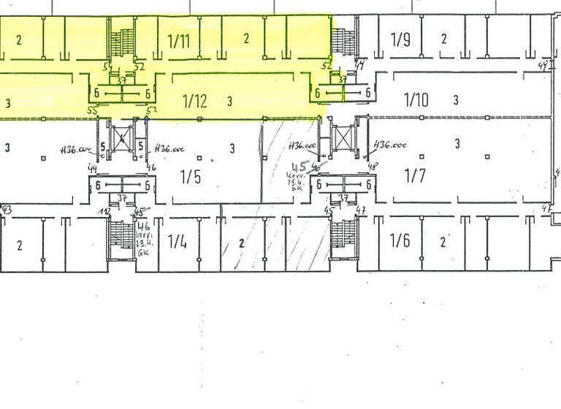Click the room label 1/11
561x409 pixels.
(x=178, y=40)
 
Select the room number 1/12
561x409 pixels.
(x=194, y=101)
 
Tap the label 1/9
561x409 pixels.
(x=400, y=39)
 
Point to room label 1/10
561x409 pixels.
(x=416, y=99)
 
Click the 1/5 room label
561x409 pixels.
(x=190, y=177)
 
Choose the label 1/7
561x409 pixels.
(x=414, y=176)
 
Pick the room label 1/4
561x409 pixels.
(x=177, y=240)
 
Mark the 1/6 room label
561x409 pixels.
(x=400, y=240)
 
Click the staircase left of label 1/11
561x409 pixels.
(x=121, y=40)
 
